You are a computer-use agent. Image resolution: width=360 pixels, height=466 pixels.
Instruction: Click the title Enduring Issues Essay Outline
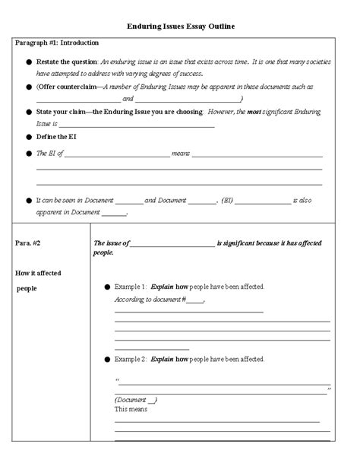[180, 27]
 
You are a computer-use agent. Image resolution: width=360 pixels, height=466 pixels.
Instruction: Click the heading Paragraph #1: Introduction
[57, 43]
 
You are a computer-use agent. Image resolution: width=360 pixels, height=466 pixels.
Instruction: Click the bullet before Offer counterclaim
[29, 87]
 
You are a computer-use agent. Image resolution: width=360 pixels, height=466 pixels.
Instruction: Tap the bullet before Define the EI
[29, 137]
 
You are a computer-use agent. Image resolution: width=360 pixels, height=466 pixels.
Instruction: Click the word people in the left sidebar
[28, 288]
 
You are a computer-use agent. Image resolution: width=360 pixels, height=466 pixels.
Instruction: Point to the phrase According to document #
[148, 300]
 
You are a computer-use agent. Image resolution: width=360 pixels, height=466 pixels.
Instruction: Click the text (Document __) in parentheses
[136, 399]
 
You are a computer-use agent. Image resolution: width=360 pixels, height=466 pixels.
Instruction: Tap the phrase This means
[130, 409]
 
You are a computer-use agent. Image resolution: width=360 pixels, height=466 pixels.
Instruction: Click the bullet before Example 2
[105, 358]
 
